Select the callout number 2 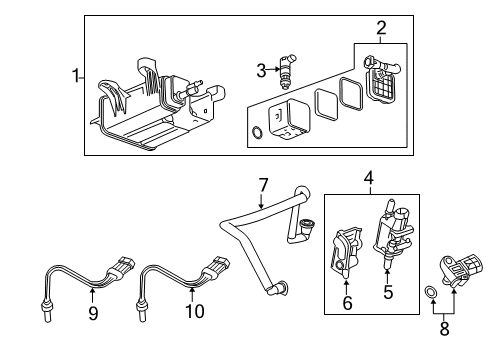(x=380, y=28)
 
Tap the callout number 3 (x=260, y=69)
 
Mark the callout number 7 (x=263, y=185)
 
